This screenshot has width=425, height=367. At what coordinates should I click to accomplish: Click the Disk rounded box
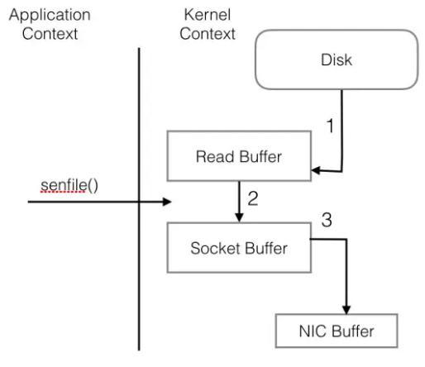[x=337, y=60]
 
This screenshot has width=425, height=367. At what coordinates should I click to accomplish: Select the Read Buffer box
[x=239, y=156]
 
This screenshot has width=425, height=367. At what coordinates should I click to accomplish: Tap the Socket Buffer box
[x=239, y=248]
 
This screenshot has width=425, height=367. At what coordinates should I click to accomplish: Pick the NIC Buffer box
[x=337, y=331]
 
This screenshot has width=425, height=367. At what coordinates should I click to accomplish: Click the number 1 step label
[x=330, y=126]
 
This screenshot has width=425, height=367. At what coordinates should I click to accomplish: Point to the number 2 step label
[x=253, y=198]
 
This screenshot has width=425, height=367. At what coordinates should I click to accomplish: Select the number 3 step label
[x=327, y=220]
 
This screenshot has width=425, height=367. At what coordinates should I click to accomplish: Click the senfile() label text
[x=69, y=185]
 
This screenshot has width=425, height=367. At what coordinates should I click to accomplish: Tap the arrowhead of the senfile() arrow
[x=167, y=202]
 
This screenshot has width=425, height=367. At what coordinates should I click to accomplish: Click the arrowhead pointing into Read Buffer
[x=316, y=170]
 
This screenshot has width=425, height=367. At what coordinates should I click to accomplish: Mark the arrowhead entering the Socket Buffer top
[x=239, y=217]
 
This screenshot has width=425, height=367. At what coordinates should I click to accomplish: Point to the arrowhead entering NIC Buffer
[x=346, y=309]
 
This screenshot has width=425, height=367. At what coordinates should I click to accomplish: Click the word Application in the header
[x=50, y=15]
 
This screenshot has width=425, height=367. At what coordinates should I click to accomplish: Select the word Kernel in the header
[x=208, y=15]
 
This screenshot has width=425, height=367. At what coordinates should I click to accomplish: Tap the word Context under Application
[x=50, y=34]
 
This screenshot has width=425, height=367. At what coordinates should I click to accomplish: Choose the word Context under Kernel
[x=208, y=34]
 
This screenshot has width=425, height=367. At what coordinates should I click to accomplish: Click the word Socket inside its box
[x=215, y=248]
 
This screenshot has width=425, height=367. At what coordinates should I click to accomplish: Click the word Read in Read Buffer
[x=215, y=156]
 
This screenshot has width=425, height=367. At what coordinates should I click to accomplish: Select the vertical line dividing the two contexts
[x=139, y=199]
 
